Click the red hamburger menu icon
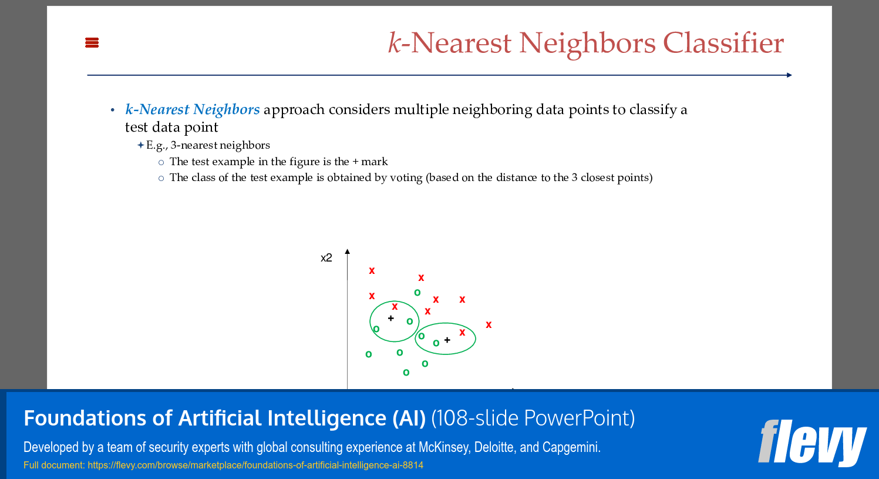pos(92,42)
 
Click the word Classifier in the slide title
pos(723,43)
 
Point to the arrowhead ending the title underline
pos(789,75)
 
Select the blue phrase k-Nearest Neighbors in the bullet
pos(192,109)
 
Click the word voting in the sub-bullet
pos(406,177)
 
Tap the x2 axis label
pos(326,257)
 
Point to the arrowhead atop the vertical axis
pos(348,252)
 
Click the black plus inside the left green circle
pos(391,318)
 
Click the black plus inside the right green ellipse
pos(447,340)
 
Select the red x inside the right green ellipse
pos(462,333)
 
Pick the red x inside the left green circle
pos(395,306)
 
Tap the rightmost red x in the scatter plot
pos(489,324)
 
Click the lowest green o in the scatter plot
pos(406,373)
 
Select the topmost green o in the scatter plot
pos(417,293)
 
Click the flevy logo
pos(812,442)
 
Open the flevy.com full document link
pos(255,465)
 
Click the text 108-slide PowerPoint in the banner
pos(533,418)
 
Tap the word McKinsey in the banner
pos(443,447)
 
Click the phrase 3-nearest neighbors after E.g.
pos(220,145)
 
